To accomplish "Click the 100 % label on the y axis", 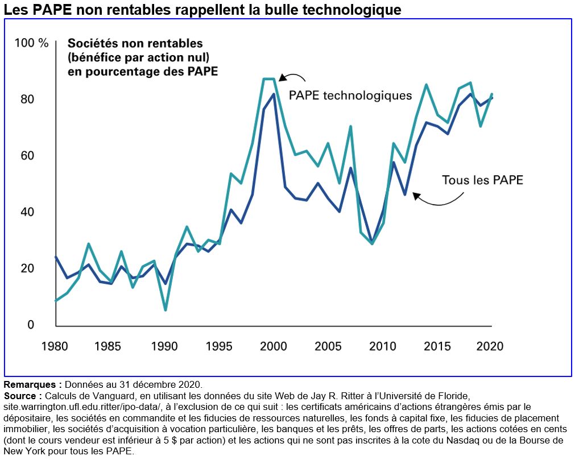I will tap(32, 43).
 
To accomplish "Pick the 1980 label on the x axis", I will tap(55, 346).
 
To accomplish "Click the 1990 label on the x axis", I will tap(165, 346).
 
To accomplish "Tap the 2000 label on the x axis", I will tap(274, 346).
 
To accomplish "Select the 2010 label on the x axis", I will tap(383, 346).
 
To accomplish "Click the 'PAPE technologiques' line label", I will tap(350, 95).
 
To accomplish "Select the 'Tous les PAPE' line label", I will tap(482, 181).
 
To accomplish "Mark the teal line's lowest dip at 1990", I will tap(165, 309).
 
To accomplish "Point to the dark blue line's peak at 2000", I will tap(274, 94).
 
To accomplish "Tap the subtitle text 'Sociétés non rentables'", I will tap(135, 43).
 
